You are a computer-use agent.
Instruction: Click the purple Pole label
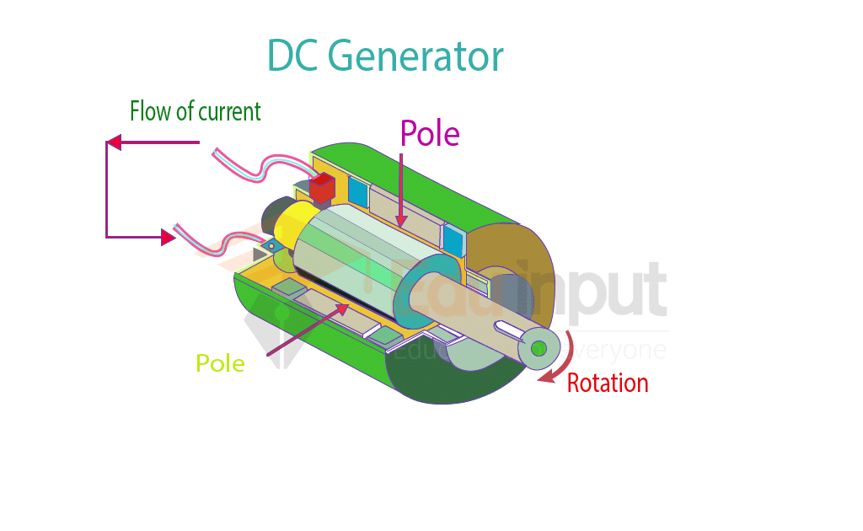430,133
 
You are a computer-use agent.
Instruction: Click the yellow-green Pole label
220,363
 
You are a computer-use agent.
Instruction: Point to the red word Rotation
608,383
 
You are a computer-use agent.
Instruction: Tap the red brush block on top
322,187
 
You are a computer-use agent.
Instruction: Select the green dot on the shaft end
539,348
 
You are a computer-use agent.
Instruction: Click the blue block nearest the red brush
358,193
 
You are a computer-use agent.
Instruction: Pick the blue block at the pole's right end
453,242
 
